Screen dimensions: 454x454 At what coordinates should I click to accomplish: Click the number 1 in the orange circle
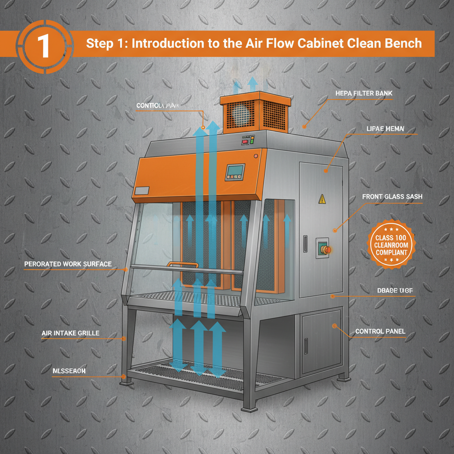pos(43,46)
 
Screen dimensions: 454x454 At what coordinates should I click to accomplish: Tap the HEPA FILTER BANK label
pos(364,94)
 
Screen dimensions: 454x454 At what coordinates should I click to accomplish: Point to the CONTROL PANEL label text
pos(380,331)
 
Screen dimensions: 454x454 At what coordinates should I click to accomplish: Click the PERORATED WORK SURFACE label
pos(68,264)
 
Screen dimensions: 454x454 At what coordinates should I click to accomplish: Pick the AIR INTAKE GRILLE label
pos(70,333)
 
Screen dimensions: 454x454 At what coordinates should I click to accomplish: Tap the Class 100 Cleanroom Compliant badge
pos(391,245)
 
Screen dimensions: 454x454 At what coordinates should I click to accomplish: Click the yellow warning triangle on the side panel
pos(322,200)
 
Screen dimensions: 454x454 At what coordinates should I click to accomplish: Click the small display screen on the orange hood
pos(235,171)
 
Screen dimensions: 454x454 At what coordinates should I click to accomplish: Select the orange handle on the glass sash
pos(182,265)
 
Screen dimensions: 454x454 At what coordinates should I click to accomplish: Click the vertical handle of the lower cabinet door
pos(306,346)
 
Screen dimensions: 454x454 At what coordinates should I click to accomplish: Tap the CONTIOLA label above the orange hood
pos(162,106)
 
